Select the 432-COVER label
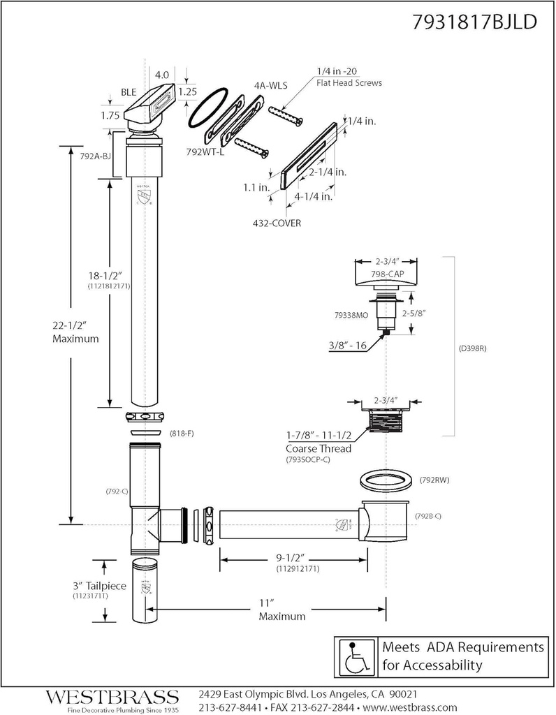point(277,223)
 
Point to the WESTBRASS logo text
point(112,697)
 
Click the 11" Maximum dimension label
point(281,610)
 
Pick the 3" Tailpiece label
point(99,585)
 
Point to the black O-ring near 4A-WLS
point(214,108)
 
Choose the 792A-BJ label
point(95,156)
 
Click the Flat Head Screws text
point(349,83)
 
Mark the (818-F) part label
point(181,434)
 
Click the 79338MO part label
point(351,315)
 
